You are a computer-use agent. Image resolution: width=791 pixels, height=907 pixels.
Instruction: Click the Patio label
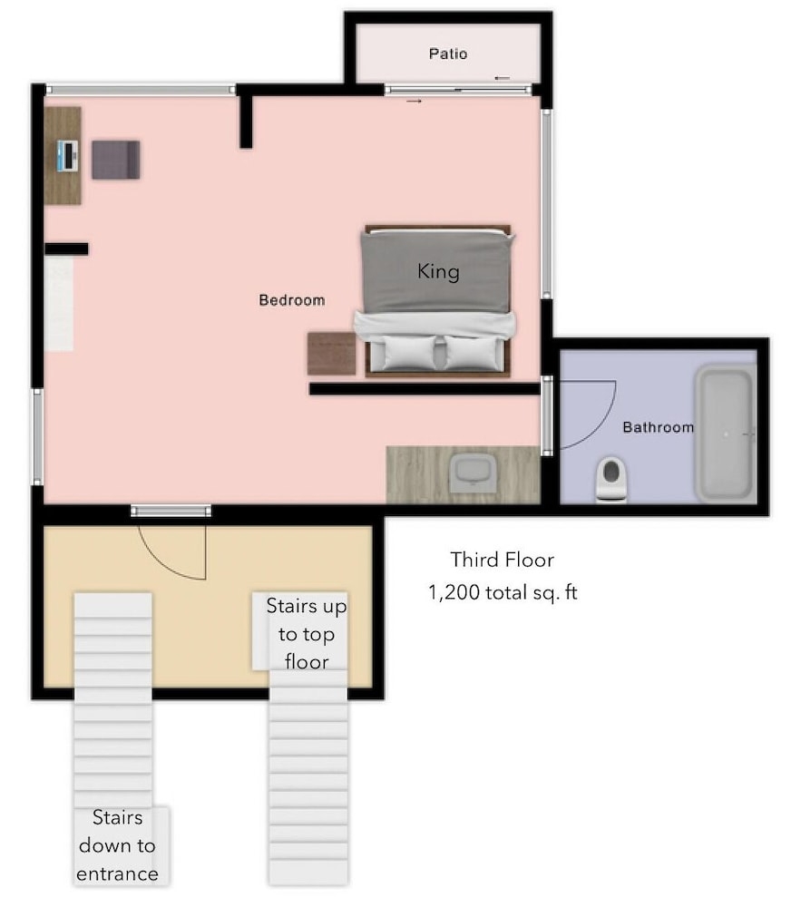coord(448,54)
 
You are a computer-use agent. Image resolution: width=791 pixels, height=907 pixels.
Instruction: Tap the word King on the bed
coord(439,271)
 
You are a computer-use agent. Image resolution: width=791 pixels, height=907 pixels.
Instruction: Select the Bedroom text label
coord(291,300)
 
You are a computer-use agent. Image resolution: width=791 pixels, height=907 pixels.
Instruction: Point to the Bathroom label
coord(658,427)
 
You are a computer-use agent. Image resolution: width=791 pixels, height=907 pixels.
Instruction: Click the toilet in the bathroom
coord(611,479)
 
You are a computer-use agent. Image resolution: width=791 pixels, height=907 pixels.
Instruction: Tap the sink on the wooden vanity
coord(473,473)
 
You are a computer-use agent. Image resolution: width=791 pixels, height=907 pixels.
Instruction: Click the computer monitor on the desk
coord(68,156)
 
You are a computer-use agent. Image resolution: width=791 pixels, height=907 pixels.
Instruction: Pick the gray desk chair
coord(116,160)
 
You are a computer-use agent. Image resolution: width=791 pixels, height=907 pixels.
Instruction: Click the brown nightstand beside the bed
coord(332,354)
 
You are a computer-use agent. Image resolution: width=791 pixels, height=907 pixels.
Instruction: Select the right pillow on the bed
coord(474,353)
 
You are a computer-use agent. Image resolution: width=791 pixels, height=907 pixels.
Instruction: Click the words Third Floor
coord(503,560)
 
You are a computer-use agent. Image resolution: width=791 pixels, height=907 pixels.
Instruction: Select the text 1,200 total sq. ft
coord(503,592)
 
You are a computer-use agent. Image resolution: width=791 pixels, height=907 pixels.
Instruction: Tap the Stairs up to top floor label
coord(307,633)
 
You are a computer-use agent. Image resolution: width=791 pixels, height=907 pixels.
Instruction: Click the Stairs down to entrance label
coord(117,845)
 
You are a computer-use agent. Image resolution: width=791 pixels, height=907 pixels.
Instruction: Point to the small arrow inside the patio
coord(502,78)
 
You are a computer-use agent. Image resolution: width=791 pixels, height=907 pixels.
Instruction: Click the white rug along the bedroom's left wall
coord(59,304)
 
